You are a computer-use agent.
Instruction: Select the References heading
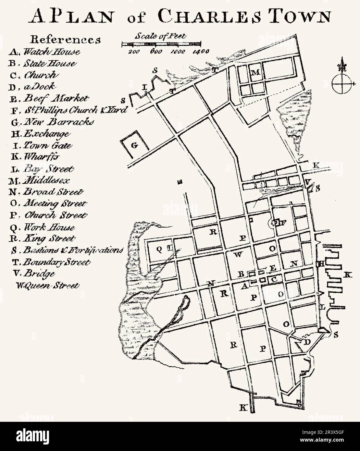point(65,39)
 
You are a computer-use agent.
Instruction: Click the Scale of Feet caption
point(160,36)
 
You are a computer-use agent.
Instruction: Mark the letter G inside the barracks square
point(134,145)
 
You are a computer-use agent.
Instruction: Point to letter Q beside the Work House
point(159,249)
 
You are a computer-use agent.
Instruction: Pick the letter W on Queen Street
point(238,254)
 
